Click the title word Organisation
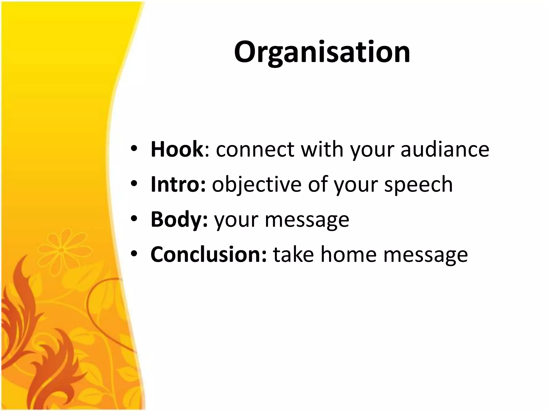tap(322, 52)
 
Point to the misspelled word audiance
tap(445, 149)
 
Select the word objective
tap(257, 185)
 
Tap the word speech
tap(418, 185)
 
